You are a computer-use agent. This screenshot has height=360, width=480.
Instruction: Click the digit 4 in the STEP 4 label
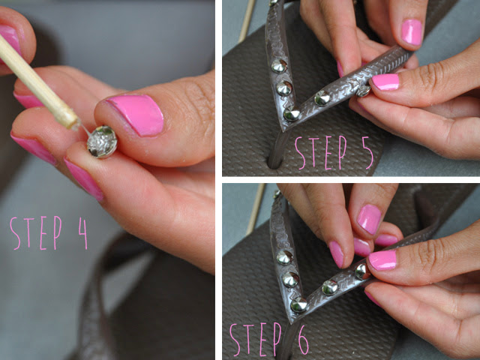click(x=83, y=233)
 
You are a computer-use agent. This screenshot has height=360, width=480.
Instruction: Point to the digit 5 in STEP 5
click(x=367, y=152)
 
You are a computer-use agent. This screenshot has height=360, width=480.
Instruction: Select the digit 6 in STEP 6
click(x=303, y=340)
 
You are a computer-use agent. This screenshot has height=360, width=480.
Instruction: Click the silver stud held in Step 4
click(x=102, y=142)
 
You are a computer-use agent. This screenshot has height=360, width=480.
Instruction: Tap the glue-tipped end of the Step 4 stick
click(x=74, y=124)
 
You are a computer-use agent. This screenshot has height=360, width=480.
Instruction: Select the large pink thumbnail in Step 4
click(x=136, y=114)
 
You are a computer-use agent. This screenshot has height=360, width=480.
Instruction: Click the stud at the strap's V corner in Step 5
click(x=292, y=114)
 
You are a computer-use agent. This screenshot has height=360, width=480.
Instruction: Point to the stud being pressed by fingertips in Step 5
click(x=363, y=91)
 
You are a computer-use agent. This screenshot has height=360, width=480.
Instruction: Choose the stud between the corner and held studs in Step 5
click(x=322, y=98)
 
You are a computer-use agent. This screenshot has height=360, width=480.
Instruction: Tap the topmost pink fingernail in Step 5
click(x=412, y=32)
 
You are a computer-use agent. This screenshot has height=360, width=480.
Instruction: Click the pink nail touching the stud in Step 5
click(x=385, y=82)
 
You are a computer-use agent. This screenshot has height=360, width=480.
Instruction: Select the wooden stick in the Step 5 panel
click(x=247, y=22)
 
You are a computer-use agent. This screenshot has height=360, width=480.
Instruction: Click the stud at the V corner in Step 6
click(x=298, y=305)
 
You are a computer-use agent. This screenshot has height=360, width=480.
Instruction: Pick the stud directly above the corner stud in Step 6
click(x=290, y=279)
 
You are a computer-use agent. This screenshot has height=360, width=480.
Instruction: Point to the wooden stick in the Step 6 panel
click(x=256, y=209)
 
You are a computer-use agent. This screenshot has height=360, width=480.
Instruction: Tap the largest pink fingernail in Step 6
click(x=382, y=260)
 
